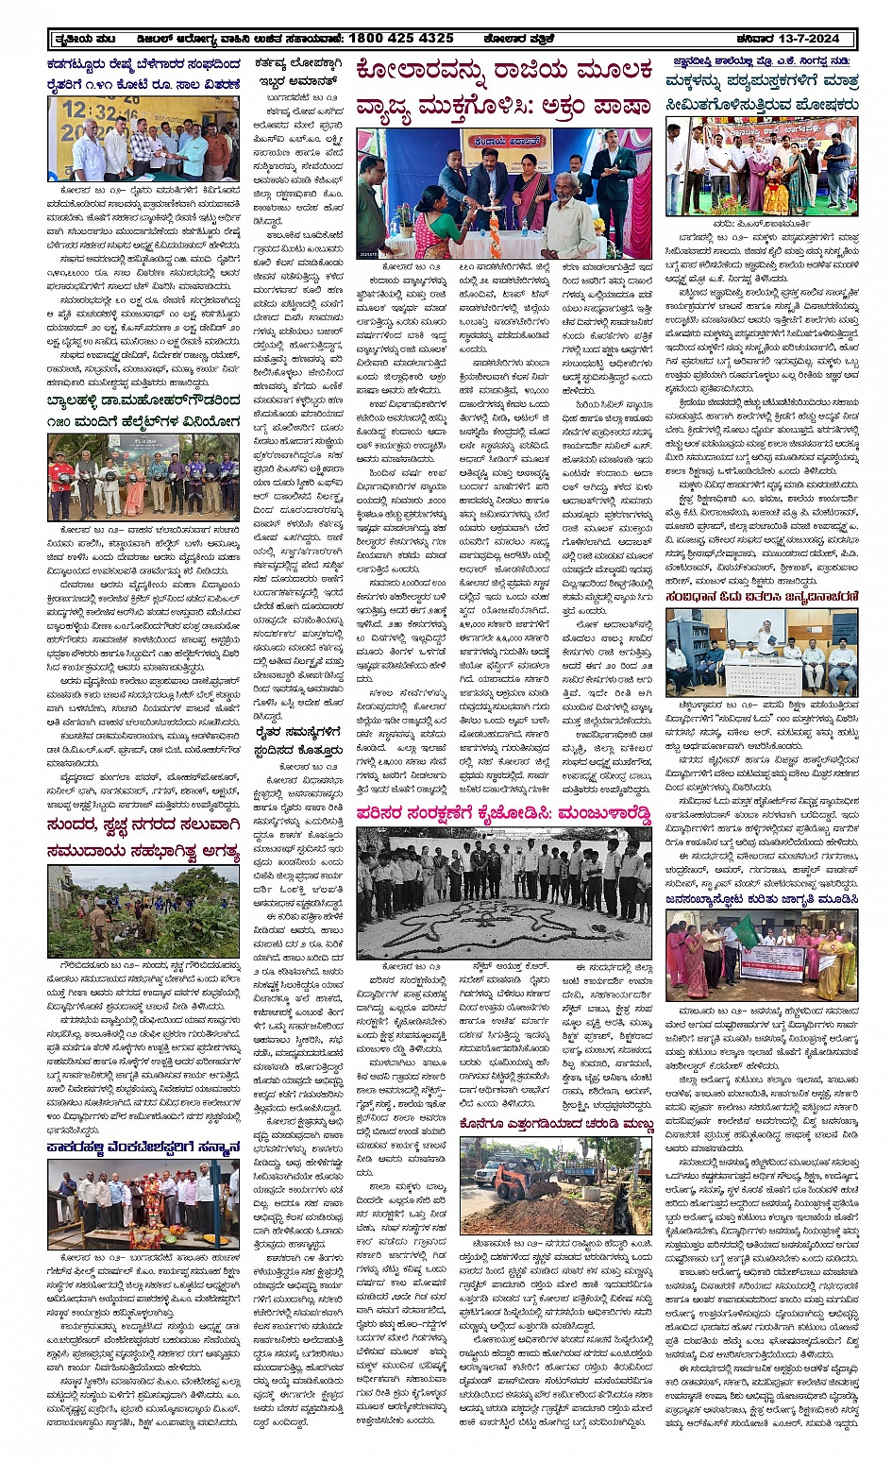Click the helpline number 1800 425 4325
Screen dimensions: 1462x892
401,38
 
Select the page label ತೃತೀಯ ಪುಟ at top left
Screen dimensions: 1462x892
86,39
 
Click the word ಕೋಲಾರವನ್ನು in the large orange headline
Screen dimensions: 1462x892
435,72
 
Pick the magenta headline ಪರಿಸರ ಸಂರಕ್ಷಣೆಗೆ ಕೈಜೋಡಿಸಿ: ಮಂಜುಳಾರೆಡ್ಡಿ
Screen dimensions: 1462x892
503,814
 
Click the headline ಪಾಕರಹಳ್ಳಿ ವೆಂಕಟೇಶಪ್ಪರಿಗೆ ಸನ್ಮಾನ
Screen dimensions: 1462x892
143,1147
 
